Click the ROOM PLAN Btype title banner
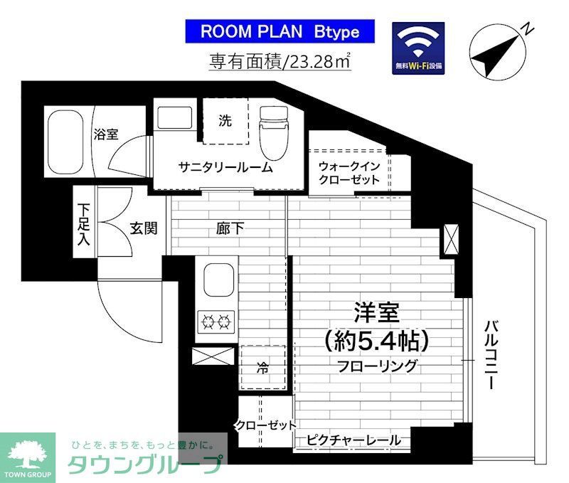[x=280, y=32]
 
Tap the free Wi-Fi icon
[x=418, y=48]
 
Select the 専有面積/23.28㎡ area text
[x=280, y=62]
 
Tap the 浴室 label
[x=106, y=134]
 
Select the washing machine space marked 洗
[x=225, y=122]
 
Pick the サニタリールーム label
[x=225, y=168]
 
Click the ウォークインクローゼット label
[x=349, y=173]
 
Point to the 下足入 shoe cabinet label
[x=84, y=223]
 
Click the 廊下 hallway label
[x=230, y=228]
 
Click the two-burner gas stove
[x=218, y=322]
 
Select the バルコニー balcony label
[x=490, y=354]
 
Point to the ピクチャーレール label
[x=353, y=440]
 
